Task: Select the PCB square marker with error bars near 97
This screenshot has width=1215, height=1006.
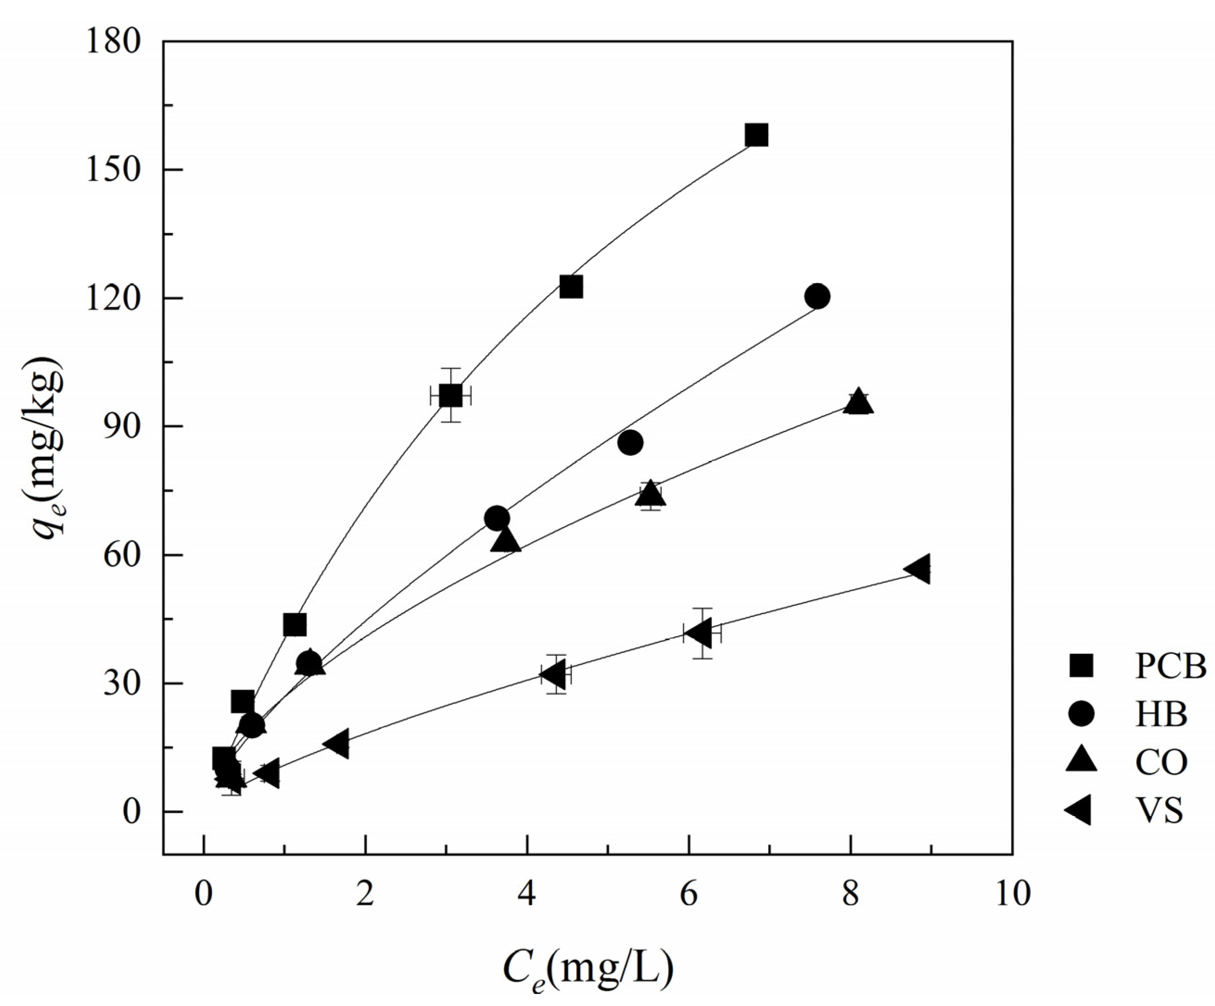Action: pos(451,396)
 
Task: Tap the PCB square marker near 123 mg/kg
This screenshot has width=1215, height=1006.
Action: pos(571,286)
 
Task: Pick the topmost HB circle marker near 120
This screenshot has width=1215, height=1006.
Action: pos(817,296)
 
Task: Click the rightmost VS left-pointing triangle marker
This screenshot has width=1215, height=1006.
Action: pos(919,569)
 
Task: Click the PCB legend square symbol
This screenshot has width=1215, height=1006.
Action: pos(1080,666)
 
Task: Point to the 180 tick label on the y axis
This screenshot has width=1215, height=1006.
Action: pos(114,42)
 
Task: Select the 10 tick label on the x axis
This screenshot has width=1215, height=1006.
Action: pos(1012,894)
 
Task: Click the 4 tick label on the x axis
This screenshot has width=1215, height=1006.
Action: pos(527,894)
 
